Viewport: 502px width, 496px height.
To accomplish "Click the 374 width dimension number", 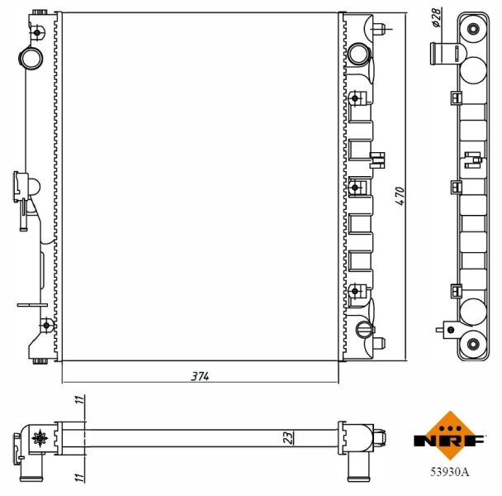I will (201, 376).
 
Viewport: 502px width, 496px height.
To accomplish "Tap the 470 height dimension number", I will (399, 195).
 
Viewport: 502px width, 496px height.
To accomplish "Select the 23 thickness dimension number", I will (288, 436).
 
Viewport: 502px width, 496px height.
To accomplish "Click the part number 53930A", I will (449, 472).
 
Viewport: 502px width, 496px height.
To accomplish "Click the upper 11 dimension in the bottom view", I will (80, 400).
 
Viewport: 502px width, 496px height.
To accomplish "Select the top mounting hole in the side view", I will (473, 30).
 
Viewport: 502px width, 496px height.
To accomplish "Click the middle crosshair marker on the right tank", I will (354, 188).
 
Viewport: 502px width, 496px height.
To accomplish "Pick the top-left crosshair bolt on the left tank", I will (38, 34).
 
